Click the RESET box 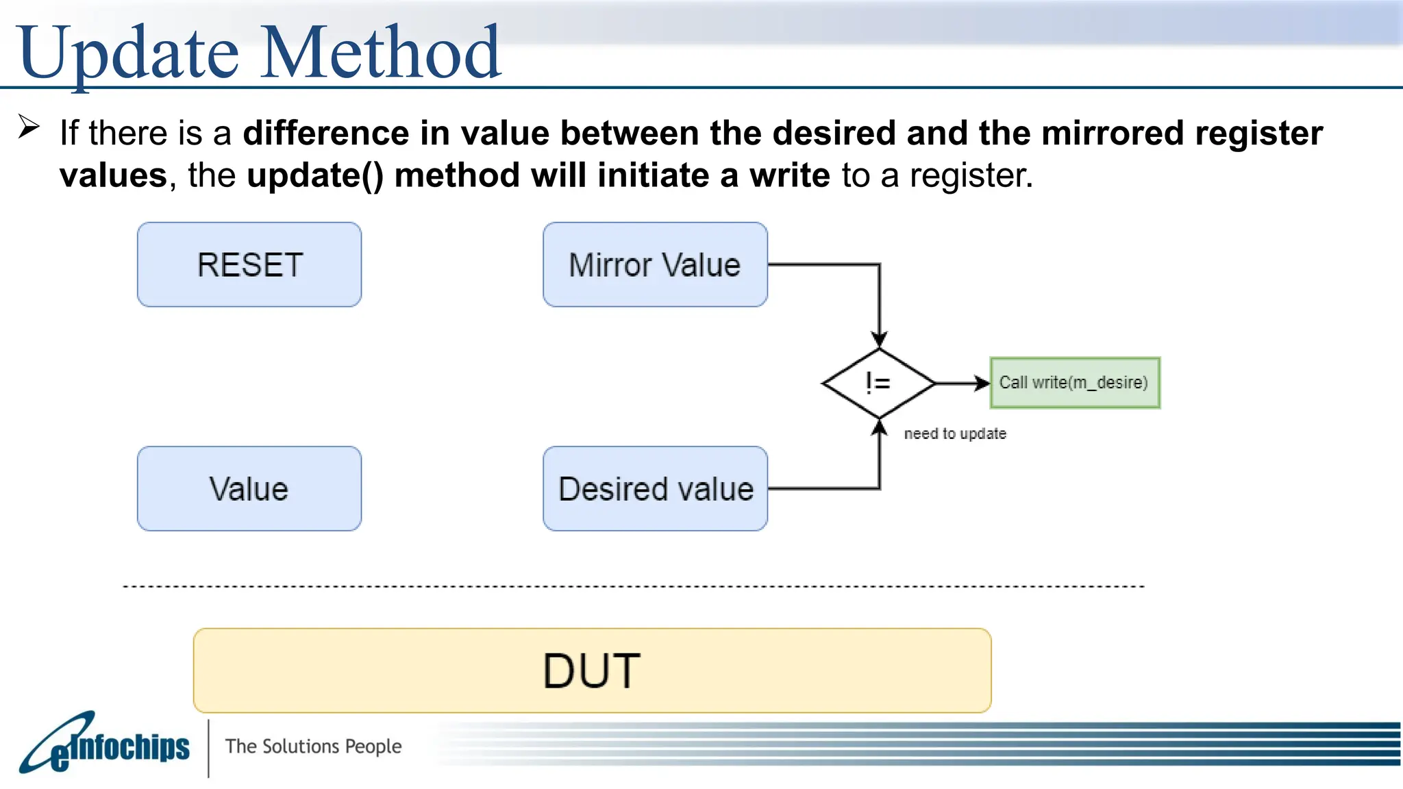[249, 264]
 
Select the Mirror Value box [655, 264]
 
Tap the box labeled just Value [249, 488]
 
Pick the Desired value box [655, 488]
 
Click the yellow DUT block [592, 670]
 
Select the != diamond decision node [879, 383]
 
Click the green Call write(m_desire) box [1074, 383]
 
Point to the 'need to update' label [955, 434]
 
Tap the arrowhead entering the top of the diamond [880, 339]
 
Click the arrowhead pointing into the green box [982, 383]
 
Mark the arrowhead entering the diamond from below [880, 427]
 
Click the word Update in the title [129, 52]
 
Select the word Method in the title [381, 52]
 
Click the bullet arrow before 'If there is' [29, 127]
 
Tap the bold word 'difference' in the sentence [326, 133]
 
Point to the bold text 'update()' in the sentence [315, 175]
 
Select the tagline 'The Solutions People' [313, 746]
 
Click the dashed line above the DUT [633, 586]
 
